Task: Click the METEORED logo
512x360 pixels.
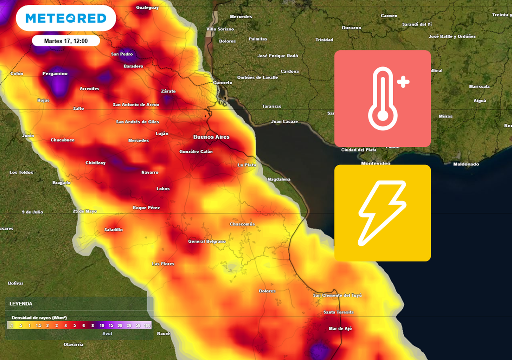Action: click(x=66, y=19)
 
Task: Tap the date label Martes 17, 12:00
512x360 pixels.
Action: click(x=66, y=41)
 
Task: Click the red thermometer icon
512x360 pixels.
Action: click(x=382, y=98)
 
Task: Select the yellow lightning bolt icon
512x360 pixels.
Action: click(x=382, y=213)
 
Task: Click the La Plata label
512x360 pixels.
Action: click(x=247, y=165)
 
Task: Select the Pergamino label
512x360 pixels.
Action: click(x=55, y=74)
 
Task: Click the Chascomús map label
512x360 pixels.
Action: click(x=242, y=224)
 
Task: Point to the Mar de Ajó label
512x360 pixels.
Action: click(x=340, y=328)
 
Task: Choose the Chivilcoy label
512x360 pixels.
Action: click(x=95, y=163)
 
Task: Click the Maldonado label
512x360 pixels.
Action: click(x=466, y=164)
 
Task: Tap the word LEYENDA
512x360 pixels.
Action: click(x=21, y=303)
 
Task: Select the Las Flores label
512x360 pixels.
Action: click(x=163, y=264)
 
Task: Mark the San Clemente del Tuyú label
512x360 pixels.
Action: click(x=337, y=295)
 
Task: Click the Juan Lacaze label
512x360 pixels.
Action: click(x=284, y=121)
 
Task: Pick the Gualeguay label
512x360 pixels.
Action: click(x=147, y=8)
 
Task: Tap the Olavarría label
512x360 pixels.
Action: click(x=73, y=344)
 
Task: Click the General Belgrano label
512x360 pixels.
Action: click(x=207, y=241)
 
